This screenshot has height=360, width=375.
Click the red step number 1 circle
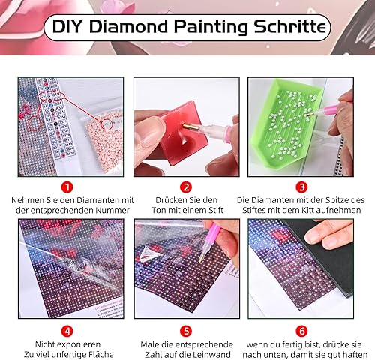coord(67,187)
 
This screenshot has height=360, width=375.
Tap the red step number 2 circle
coord(186,187)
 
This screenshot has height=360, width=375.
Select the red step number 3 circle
coord(302,187)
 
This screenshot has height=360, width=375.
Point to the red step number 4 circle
coord(67,331)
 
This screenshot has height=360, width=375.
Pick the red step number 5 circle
coord(186,331)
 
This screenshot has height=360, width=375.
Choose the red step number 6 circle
coord(302,331)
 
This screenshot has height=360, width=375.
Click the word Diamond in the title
coord(128,26)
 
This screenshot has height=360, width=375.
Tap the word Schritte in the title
coord(290,26)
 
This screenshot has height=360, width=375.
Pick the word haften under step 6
coord(355,354)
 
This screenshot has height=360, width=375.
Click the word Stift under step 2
coord(214,210)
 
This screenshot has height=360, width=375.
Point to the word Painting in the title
coord(211,27)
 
